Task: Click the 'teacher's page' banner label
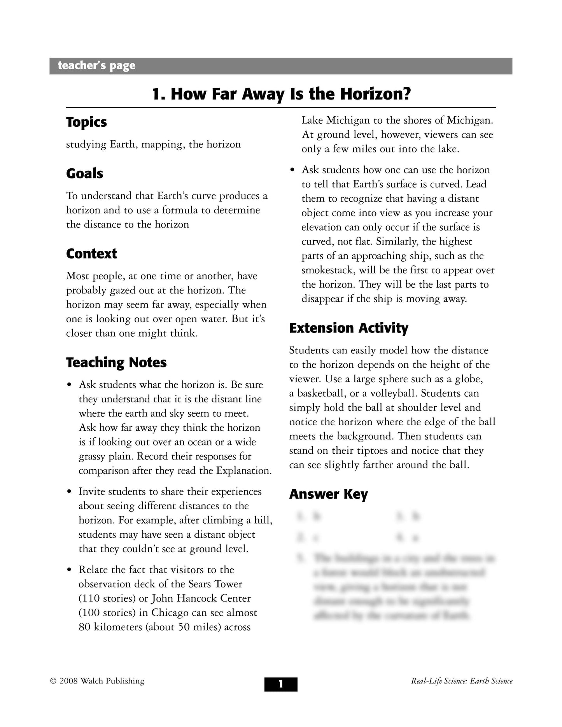click(x=96, y=66)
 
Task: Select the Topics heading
click(x=86, y=122)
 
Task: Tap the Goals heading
click(x=84, y=173)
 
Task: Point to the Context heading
click(x=91, y=253)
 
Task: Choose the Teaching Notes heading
click(x=116, y=362)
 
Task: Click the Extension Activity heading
click(x=348, y=328)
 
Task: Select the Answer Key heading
click(x=328, y=494)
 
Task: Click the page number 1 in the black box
click(x=281, y=684)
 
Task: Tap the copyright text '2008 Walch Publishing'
click(x=102, y=681)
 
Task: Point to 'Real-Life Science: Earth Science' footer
click(x=462, y=681)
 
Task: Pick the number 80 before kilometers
click(x=84, y=627)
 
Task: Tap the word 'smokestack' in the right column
click(x=327, y=270)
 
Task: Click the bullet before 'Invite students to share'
click(x=69, y=492)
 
